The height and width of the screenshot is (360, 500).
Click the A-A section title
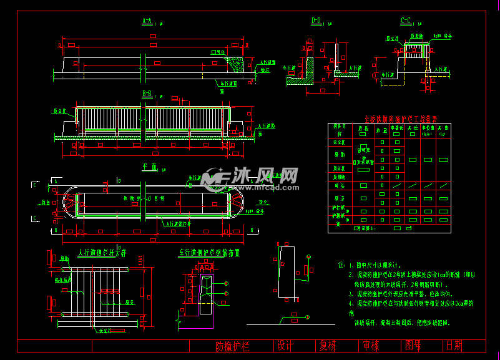tap(147, 21)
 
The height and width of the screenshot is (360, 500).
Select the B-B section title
tap(147, 94)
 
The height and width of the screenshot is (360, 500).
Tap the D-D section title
tap(316, 21)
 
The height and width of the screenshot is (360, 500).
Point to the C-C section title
tap(406, 21)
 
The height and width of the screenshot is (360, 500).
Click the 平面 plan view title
tap(148, 166)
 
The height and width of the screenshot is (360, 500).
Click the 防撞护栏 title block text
tap(232, 346)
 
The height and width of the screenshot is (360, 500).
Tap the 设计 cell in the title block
tap(285, 346)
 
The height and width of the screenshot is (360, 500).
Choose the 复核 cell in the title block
tap(328, 346)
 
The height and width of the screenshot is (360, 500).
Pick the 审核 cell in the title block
tap(370, 346)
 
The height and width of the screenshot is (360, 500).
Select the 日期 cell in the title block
tap(454, 346)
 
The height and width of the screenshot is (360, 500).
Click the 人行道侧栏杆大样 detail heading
tap(101, 253)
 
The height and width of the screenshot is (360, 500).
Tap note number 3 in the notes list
tap(351, 293)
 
